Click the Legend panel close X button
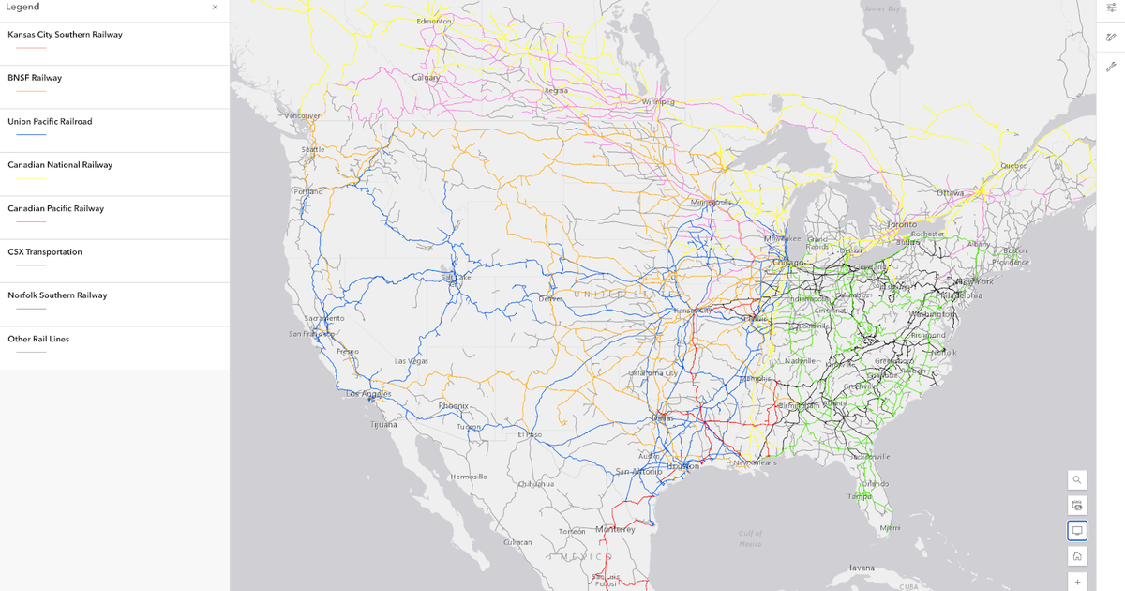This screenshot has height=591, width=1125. (215, 8)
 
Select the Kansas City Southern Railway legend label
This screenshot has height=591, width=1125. (65, 35)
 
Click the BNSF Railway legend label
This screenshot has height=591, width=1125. (35, 78)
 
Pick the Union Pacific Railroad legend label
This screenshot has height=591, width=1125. (50, 122)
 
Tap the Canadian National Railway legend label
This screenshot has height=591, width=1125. (60, 165)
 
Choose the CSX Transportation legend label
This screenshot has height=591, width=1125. (45, 252)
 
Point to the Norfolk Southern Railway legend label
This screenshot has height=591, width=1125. (57, 295)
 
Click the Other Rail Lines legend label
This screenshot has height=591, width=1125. (38, 340)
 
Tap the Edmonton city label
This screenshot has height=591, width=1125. (434, 21)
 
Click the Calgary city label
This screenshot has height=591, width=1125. (426, 78)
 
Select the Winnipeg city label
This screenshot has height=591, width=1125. (658, 101)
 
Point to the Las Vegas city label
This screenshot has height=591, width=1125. (412, 361)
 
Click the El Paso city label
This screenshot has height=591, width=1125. (530, 434)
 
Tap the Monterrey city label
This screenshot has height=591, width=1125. (615, 529)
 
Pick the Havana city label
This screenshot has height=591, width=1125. (860, 568)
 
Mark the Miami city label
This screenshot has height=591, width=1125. (890, 528)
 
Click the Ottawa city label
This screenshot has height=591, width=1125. (950, 193)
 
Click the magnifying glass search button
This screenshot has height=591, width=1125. (1077, 479)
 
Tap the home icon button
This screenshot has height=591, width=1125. (1077, 556)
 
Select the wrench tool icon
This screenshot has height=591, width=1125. (1111, 67)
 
